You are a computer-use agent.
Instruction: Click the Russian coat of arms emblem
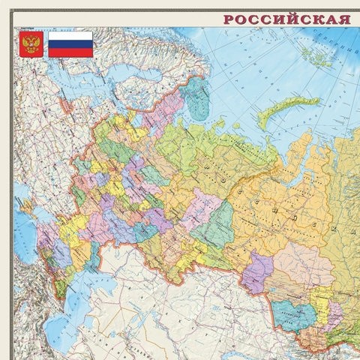tap(31, 45)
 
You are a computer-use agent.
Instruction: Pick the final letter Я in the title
tap(344, 19)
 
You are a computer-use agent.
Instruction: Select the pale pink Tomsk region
tap(300, 262)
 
